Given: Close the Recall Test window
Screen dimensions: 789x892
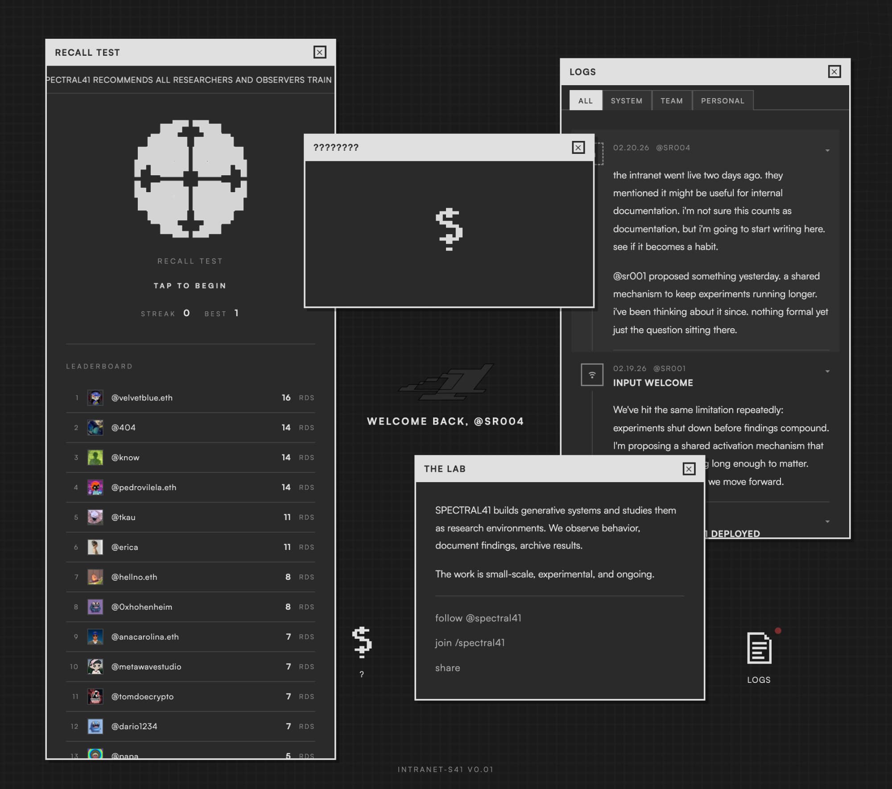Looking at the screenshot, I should [319, 52].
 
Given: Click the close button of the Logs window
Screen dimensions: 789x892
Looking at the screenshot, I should [834, 72].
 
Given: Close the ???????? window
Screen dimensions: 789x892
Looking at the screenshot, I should [578, 148].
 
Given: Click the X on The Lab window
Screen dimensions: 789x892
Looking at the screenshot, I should [689, 469].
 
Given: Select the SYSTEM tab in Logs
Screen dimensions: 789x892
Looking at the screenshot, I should [626, 101].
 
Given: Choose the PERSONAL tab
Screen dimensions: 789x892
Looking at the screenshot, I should [722, 101].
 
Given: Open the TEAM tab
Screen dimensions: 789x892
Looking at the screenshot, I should [671, 101].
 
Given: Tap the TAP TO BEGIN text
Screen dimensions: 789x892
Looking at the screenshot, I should [190, 286].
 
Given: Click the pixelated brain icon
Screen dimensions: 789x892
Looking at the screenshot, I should [190, 178].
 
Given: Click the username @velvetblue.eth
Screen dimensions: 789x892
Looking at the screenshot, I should [142, 398].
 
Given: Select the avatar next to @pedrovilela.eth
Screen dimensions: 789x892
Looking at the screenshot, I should [95, 487].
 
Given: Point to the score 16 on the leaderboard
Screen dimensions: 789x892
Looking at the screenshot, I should [286, 397].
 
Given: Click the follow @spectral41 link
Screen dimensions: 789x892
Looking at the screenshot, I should [478, 618].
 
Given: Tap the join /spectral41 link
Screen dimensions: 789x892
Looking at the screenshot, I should [470, 643].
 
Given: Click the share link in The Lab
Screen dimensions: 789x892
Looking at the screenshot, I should [447, 668].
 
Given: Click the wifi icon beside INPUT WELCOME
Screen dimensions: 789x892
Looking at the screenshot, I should [592, 375].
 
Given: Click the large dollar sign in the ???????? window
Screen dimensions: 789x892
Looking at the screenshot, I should [449, 229].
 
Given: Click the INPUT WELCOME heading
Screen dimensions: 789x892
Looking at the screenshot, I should [652, 383].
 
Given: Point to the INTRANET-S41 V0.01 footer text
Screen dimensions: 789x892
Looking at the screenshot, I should [445, 769].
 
